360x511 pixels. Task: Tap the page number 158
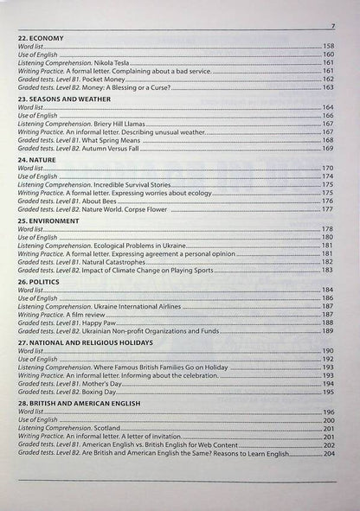click(x=328, y=46)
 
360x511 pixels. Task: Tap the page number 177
click(x=328, y=208)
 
